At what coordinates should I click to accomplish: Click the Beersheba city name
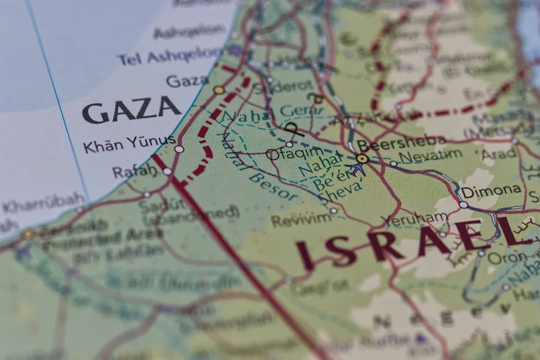click(402, 141)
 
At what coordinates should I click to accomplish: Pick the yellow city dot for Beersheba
click(362, 158)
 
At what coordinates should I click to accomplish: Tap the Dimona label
click(491, 191)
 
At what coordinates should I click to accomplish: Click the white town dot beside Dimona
click(463, 204)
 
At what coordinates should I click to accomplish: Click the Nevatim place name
click(430, 156)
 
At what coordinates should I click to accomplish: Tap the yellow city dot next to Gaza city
click(219, 90)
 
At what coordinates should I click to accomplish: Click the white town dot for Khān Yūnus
click(179, 149)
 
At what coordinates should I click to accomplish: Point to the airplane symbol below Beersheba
click(360, 170)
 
